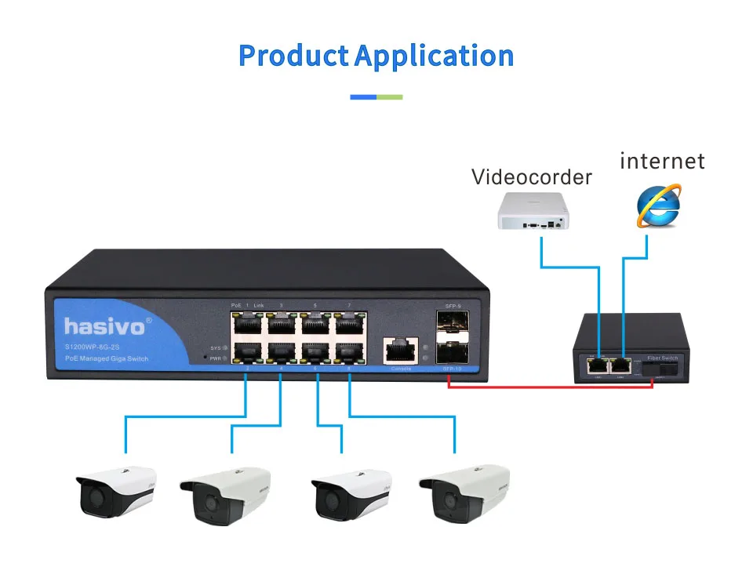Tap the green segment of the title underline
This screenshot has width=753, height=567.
[390, 97]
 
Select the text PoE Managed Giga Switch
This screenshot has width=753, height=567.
[107, 359]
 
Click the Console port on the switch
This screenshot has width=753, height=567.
[400, 350]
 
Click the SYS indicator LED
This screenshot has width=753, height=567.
[224, 347]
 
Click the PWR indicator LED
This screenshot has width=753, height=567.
[224, 358]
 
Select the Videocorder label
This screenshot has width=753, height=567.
[531, 177]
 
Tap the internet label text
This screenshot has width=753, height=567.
[662, 162]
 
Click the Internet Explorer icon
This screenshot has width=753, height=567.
[658, 206]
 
